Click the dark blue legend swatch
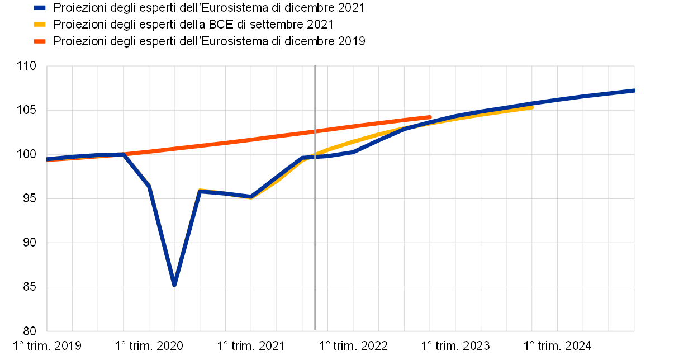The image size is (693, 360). point(40,8)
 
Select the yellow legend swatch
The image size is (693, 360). point(40,25)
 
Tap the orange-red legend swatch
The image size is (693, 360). point(40,41)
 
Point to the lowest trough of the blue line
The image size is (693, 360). point(174,285)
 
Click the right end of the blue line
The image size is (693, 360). point(634,90)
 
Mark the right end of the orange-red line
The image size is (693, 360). point(430,117)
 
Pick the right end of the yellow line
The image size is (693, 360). point(532,107)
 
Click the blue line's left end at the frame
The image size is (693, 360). point(47,159)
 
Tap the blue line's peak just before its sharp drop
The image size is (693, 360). point(123,154)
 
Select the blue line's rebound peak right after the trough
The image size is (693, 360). point(200,191)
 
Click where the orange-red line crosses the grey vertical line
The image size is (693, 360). point(315,131)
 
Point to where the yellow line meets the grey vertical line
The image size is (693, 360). point(315,154)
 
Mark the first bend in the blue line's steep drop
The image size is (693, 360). point(149,187)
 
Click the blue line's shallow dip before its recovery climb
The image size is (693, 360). point(251,197)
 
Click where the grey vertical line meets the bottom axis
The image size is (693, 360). point(315,331)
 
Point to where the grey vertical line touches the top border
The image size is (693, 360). point(315,66)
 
